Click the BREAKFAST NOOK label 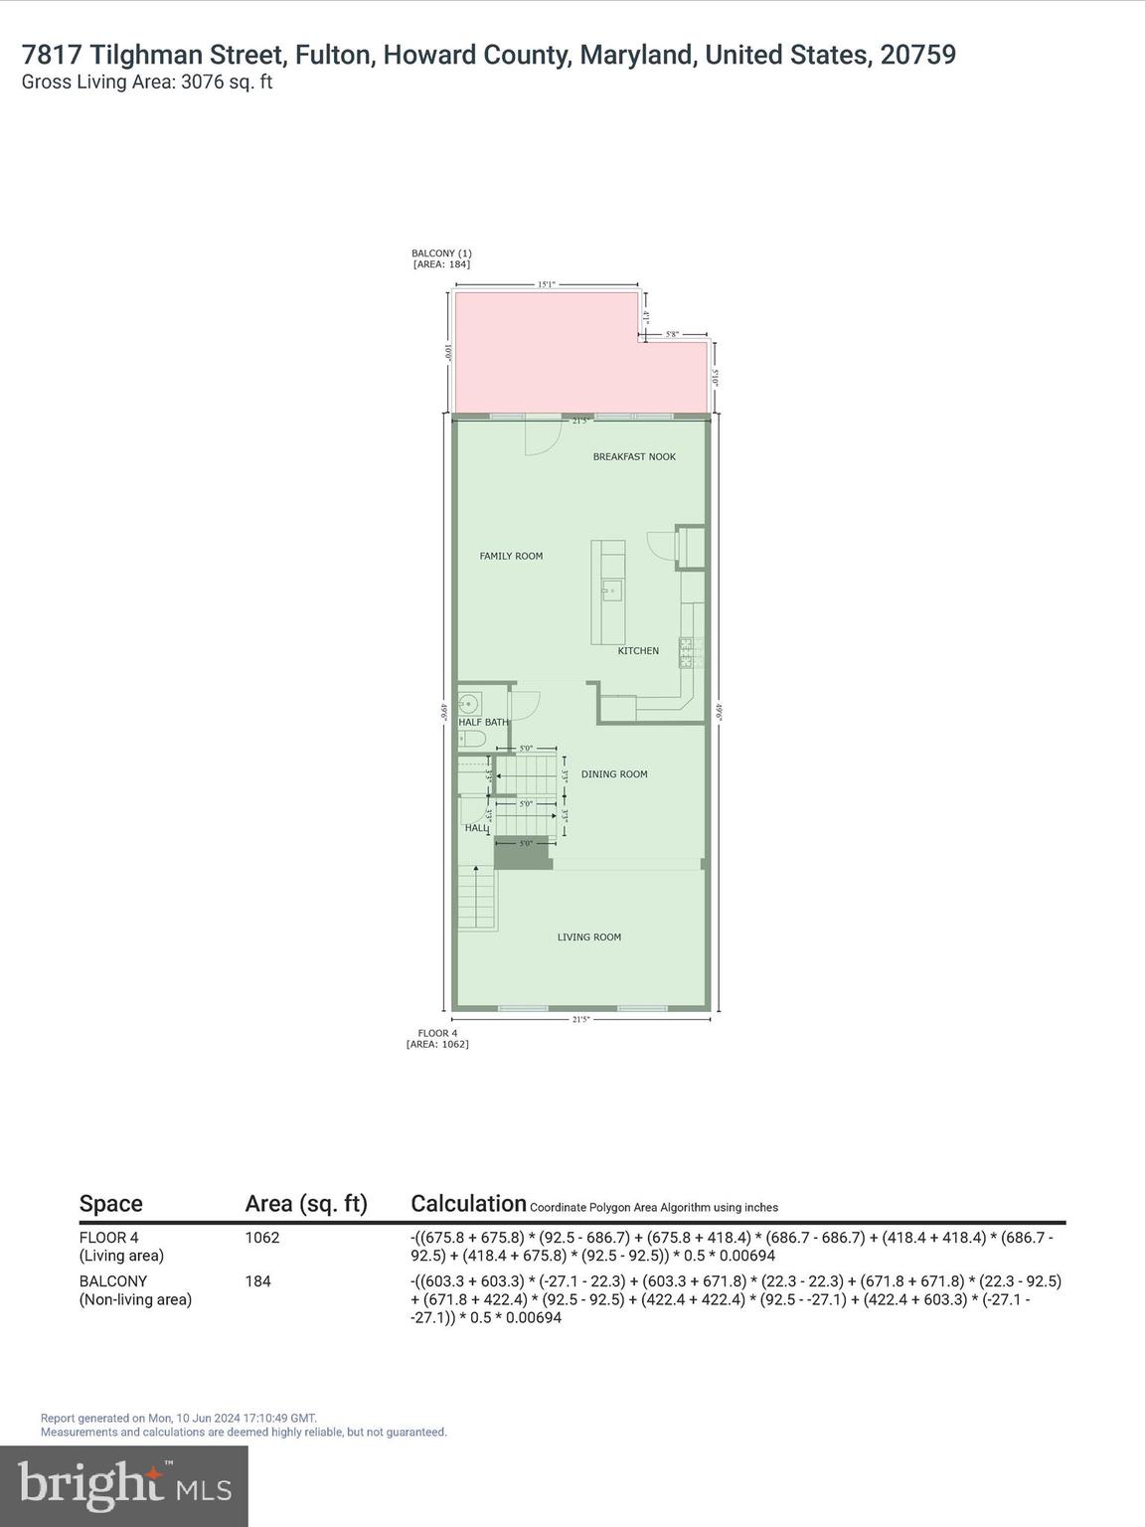click(634, 457)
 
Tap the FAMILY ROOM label click(511, 557)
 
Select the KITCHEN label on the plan click(638, 651)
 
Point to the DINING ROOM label click(614, 774)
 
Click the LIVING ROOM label click(588, 937)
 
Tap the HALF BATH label click(483, 723)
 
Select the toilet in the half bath click(471, 739)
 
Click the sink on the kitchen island click(610, 593)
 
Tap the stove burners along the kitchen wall click(687, 652)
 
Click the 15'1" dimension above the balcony click(546, 284)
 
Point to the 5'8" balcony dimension click(673, 335)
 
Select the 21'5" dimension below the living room click(581, 1019)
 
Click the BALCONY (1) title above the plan click(441, 254)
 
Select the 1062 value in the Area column click(262, 1238)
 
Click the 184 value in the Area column click(258, 1281)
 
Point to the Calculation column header click(468, 1204)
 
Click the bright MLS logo click(124, 1486)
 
